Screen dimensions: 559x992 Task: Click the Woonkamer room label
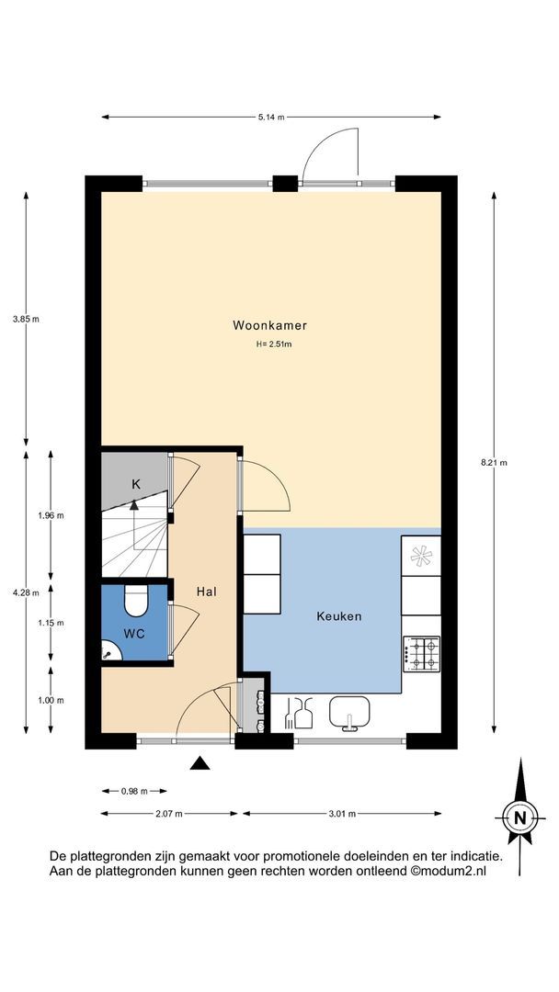[269, 326]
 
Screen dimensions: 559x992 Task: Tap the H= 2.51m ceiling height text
[273, 344]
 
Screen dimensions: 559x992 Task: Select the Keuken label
[339, 615]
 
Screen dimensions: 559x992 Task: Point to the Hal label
[207, 592]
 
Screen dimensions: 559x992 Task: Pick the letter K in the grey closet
[135, 485]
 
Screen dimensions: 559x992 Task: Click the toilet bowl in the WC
[135, 601]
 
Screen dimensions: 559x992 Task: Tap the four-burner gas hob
[421, 654]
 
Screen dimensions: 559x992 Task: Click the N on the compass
[519, 817]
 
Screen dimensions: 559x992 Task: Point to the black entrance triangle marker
[200, 763]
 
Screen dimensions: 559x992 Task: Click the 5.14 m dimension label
[270, 117]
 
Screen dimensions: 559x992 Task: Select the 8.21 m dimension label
[495, 462]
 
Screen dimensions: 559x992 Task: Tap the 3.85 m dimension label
[26, 319]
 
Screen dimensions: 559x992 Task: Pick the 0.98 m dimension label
[134, 791]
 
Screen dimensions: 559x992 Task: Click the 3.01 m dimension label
[342, 814]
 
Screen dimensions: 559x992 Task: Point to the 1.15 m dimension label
[51, 623]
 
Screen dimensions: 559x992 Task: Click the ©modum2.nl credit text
[449, 871]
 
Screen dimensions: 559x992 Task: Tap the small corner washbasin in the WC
[108, 649]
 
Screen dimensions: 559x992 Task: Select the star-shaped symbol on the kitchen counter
[421, 556]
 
